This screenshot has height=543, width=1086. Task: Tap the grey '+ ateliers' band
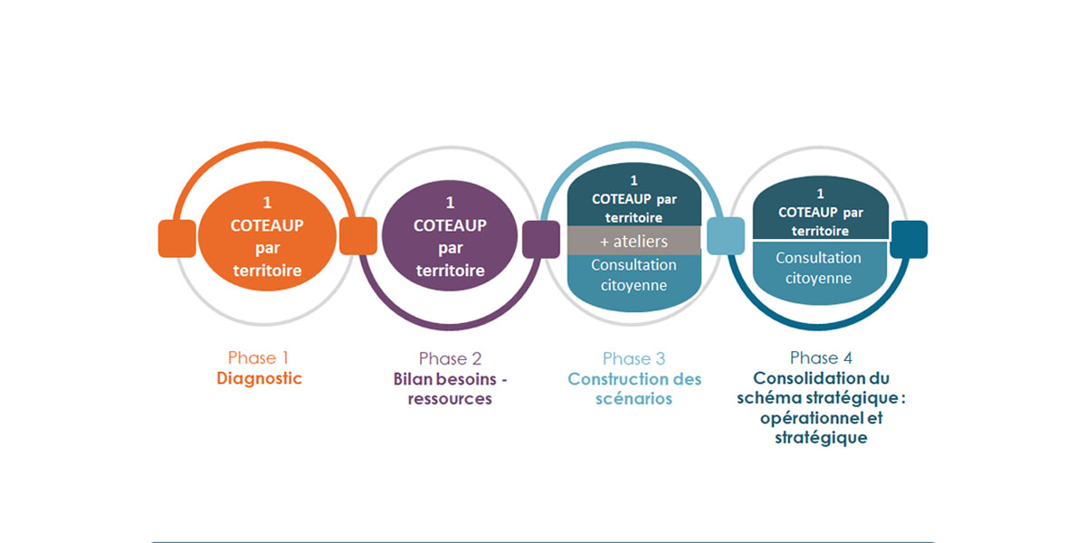point(633,242)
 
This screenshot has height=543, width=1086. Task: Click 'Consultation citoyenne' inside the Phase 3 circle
point(633,275)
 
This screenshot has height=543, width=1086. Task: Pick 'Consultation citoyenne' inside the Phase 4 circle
point(818,268)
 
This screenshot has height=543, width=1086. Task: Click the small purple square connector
point(541,239)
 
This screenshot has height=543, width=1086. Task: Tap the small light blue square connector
point(725,236)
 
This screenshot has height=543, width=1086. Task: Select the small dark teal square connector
point(909,239)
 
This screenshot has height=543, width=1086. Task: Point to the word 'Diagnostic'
point(259,378)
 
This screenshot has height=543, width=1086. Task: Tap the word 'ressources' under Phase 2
point(449,398)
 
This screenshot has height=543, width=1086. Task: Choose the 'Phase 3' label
point(633,358)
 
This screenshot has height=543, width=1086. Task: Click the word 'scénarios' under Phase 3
point(633,398)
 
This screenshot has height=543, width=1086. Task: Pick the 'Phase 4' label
point(821,357)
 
